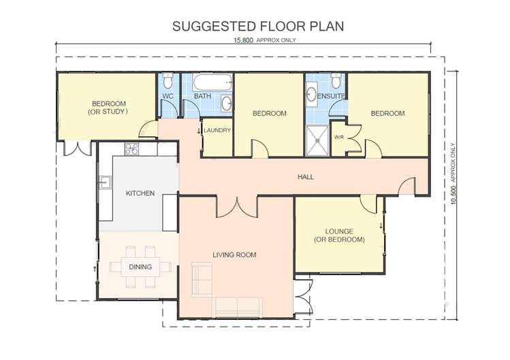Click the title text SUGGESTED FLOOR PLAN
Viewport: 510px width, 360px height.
pyautogui.click(x=257, y=27)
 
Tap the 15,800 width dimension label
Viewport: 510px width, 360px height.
pyautogui.click(x=265, y=40)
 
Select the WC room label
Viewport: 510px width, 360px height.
pyautogui.click(x=168, y=97)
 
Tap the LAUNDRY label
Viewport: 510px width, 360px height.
pyautogui.click(x=217, y=131)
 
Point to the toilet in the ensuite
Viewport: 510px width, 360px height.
pyautogui.click(x=335, y=81)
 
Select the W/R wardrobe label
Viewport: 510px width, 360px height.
pyautogui.click(x=338, y=137)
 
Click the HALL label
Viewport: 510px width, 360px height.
pyautogui.click(x=306, y=177)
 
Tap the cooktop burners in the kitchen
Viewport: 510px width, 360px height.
pyautogui.click(x=131, y=148)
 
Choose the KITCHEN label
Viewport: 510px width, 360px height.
pyautogui.click(x=140, y=193)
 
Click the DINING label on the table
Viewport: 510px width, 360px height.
pyautogui.click(x=140, y=267)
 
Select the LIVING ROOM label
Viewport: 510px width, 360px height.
pyautogui.click(x=234, y=255)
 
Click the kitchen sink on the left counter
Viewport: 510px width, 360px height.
pyautogui.click(x=105, y=182)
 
